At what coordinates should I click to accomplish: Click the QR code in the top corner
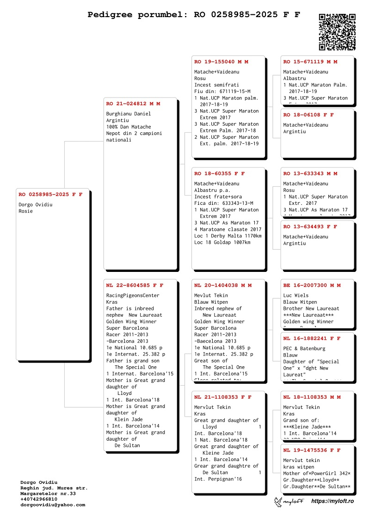pyautogui.click(x=337, y=32)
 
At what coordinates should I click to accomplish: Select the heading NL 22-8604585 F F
pyautogui.click(x=135, y=285)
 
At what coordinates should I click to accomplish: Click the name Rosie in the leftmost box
pyautogui.click(x=25, y=211)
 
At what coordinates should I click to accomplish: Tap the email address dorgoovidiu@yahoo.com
pyautogui.click(x=53, y=505)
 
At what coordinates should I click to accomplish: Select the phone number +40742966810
pyautogui.click(x=39, y=499)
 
